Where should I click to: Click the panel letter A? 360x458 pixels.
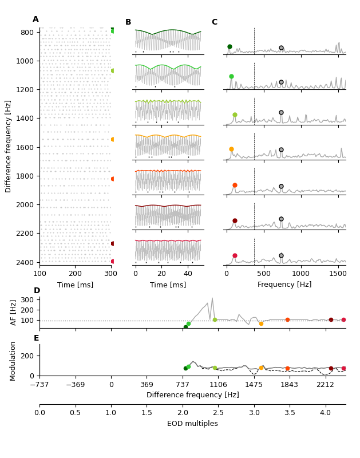35,19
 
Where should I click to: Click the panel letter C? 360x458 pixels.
215,22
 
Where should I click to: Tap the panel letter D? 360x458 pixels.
37,291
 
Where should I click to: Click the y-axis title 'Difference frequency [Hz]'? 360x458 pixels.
9,146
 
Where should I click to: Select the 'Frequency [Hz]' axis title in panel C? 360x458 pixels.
284,285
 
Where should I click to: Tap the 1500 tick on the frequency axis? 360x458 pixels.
338,274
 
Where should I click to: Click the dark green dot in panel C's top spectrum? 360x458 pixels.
230,47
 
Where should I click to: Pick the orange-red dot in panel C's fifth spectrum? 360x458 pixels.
235,185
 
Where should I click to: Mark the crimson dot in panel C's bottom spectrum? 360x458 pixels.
235,256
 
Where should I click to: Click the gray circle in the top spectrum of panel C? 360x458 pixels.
281,48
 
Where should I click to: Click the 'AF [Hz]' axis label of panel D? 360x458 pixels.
14,313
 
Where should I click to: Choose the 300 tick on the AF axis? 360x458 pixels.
27,299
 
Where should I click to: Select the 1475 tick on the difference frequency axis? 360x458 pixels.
254,385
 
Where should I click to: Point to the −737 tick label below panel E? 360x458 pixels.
39,385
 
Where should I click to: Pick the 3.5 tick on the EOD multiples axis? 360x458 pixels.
290,413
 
